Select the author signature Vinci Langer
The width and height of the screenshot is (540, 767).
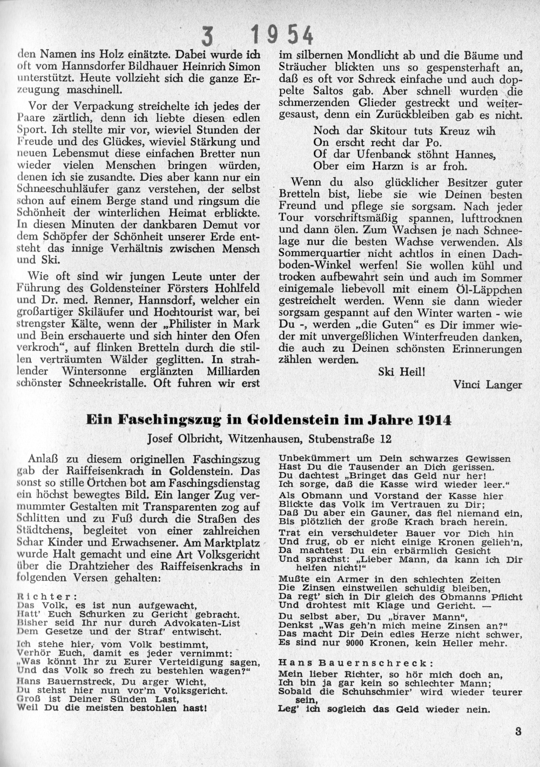[x=488, y=384]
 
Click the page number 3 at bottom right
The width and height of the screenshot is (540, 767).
[x=518, y=732]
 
